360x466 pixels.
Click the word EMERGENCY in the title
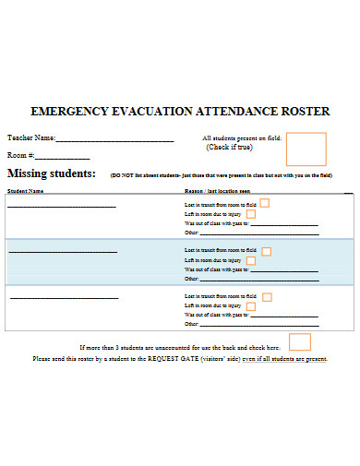coord(66,112)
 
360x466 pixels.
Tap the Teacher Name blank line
coord(114,140)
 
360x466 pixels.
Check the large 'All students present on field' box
coord(306,149)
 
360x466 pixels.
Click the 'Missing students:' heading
coord(52,173)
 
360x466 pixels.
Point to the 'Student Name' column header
coord(26,191)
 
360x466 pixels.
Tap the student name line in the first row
coord(62,206)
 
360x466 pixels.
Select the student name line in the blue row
coord(62,252)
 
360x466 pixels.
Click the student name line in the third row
coord(62,298)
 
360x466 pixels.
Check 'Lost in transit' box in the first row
coord(265,203)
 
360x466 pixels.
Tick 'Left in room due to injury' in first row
coord(250,214)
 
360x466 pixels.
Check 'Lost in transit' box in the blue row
coord(266,250)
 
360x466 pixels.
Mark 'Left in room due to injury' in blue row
coord(250,261)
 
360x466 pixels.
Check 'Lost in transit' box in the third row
coord(266,296)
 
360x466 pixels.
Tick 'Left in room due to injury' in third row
coord(250,307)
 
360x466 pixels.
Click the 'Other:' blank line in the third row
coord(259,326)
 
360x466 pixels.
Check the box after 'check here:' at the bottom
coord(300,341)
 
